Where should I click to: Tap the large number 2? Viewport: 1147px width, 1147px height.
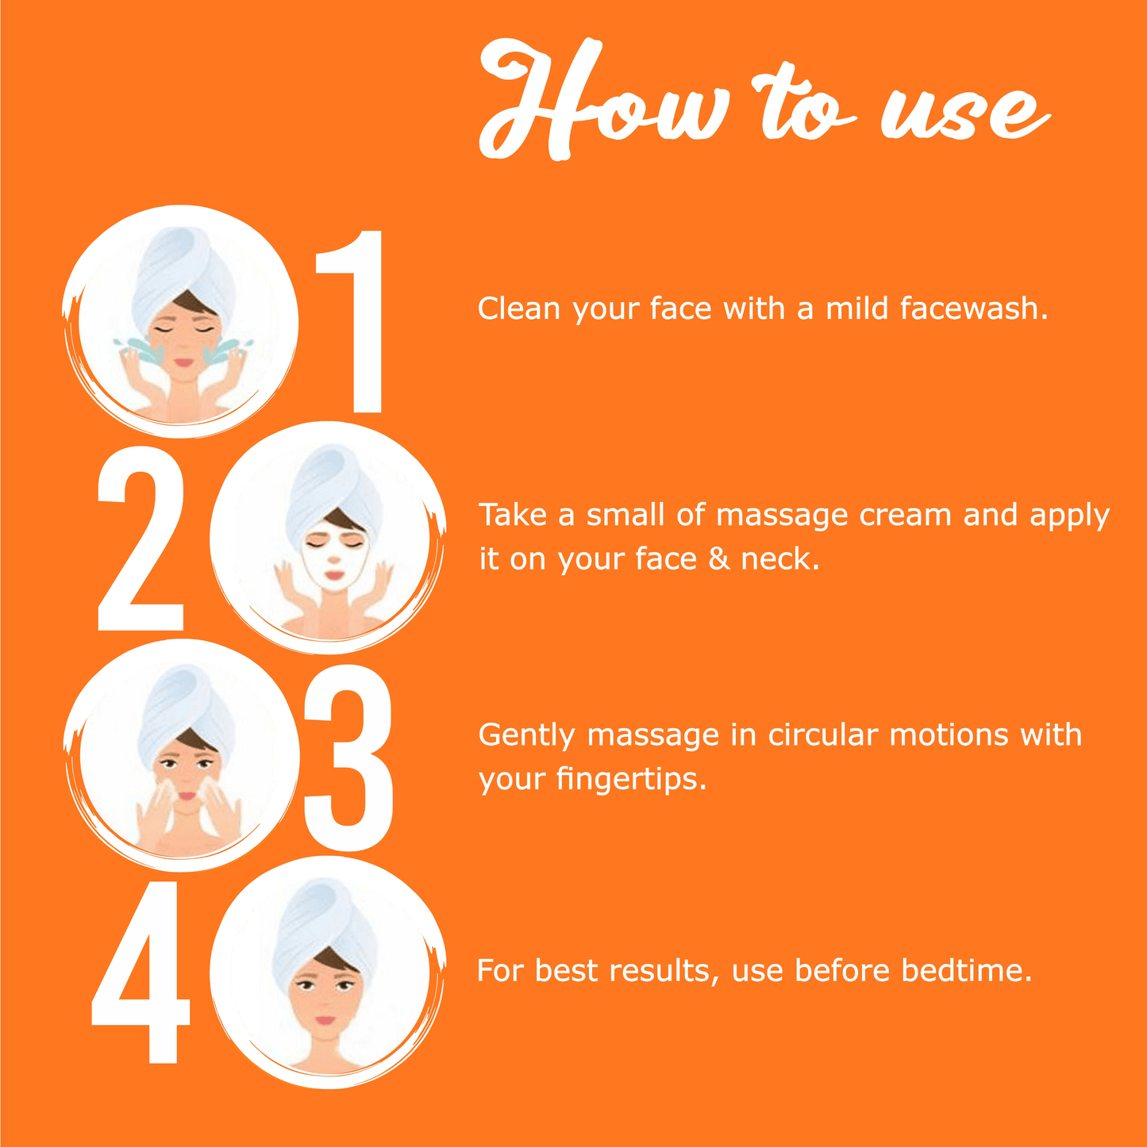click(140, 539)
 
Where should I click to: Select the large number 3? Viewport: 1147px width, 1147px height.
click(348, 758)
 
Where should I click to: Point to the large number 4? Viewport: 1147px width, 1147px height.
click(140, 972)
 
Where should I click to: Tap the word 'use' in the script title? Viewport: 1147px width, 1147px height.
click(964, 113)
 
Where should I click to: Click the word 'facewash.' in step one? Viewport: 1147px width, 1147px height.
click(974, 309)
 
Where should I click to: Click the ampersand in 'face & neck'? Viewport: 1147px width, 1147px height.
click(718, 559)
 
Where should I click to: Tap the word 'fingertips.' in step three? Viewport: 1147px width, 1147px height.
click(631, 779)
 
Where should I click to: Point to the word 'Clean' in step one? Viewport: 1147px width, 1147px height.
click(519, 309)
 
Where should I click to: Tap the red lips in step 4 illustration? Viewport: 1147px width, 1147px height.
click(325, 1021)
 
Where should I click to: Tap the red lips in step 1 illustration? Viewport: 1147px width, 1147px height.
click(183, 363)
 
